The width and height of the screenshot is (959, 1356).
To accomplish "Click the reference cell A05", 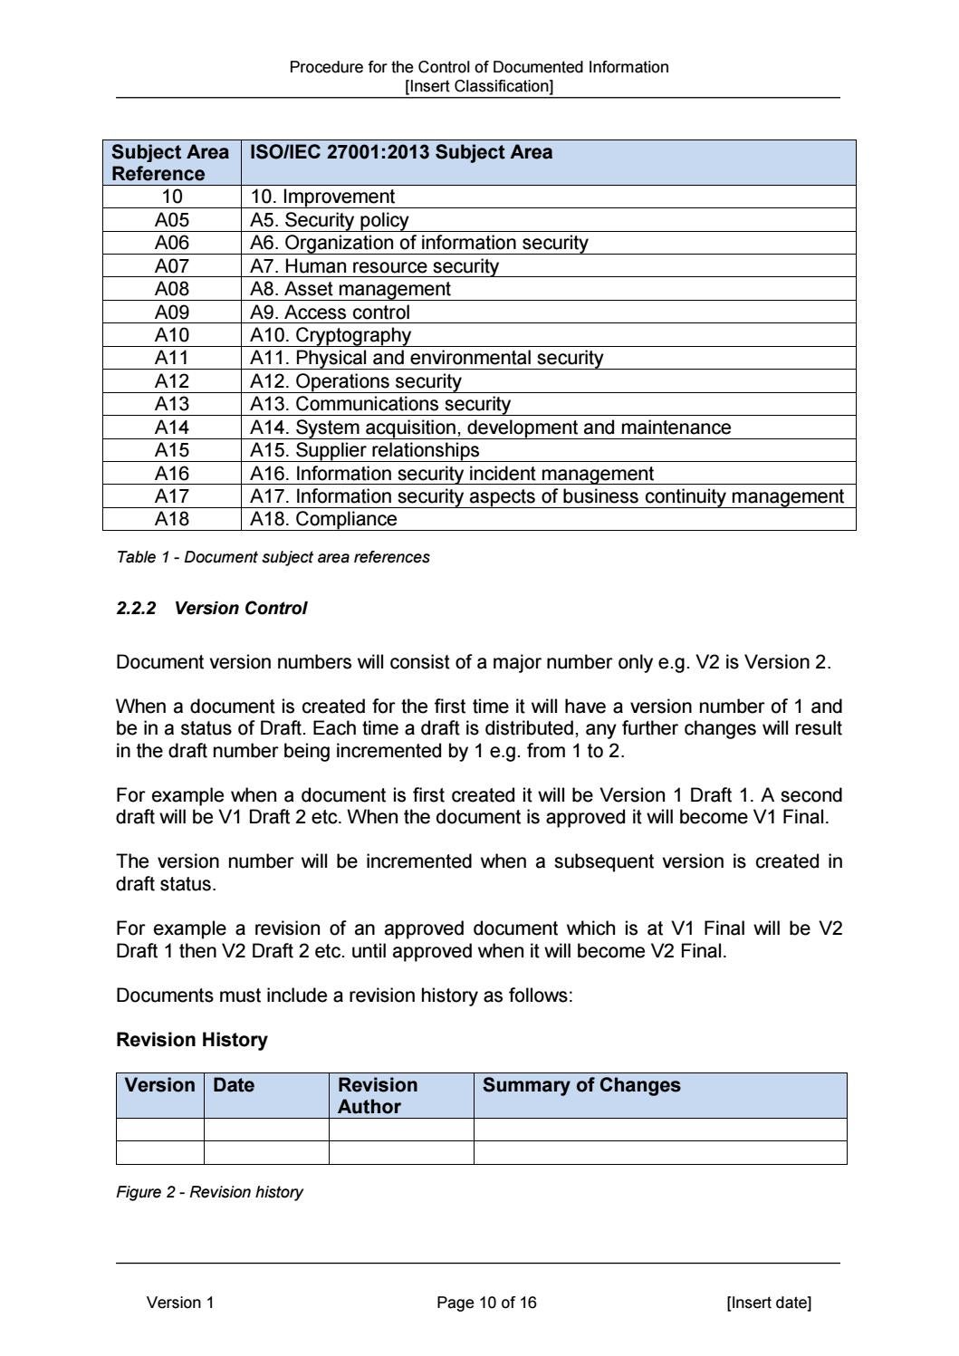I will pyautogui.click(x=171, y=220).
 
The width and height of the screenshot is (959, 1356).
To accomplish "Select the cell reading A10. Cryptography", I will pyautogui.click(x=331, y=335).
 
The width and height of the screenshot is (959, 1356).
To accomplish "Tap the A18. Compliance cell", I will pyautogui.click(x=323, y=519).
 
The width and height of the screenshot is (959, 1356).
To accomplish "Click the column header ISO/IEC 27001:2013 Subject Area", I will pyautogui.click(x=401, y=152).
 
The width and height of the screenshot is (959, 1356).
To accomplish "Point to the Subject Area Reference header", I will pyautogui.click(x=170, y=163).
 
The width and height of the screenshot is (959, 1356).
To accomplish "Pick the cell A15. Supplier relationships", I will pyautogui.click(x=365, y=450).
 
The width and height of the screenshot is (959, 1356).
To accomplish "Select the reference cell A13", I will pyautogui.click(x=171, y=404).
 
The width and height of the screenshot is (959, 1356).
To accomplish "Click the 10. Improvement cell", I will pyautogui.click(x=322, y=197).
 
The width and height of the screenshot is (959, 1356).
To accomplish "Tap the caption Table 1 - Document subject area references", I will pyautogui.click(x=273, y=557).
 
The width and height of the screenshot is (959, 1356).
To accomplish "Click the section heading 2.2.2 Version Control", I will pyautogui.click(x=212, y=609).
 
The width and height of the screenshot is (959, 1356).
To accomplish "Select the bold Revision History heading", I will pyautogui.click(x=192, y=1040).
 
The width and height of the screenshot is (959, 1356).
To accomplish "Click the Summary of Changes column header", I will pyautogui.click(x=581, y=1085).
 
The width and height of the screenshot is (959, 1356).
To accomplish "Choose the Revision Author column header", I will pyautogui.click(x=378, y=1095).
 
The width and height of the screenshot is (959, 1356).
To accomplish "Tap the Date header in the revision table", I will pyautogui.click(x=234, y=1085).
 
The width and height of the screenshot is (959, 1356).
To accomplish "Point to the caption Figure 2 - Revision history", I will pyautogui.click(x=209, y=1192).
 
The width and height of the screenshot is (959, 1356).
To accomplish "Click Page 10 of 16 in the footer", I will pyautogui.click(x=486, y=1303).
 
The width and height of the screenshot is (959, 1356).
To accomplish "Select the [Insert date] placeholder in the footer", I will pyautogui.click(x=769, y=1303).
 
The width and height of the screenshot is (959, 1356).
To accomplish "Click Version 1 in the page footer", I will pyautogui.click(x=180, y=1303).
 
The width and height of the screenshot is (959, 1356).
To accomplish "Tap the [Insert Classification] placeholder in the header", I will pyautogui.click(x=479, y=86).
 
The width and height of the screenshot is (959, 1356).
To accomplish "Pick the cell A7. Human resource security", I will pyautogui.click(x=374, y=266).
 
